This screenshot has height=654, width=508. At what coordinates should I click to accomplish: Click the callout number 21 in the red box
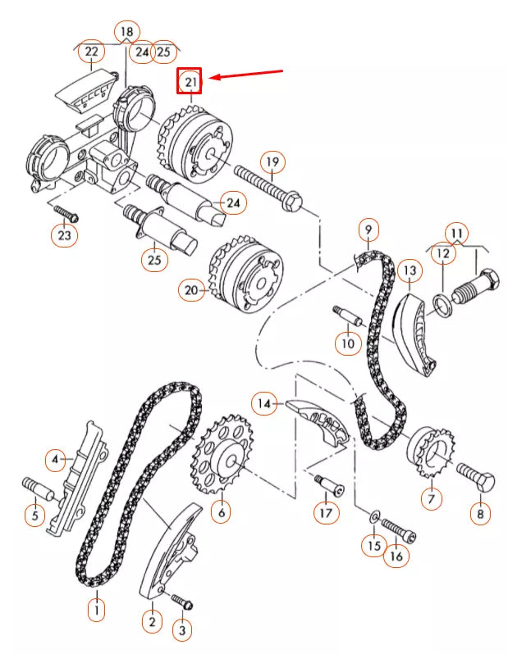pos(190,81)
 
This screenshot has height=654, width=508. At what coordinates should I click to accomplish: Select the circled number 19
pos(272,161)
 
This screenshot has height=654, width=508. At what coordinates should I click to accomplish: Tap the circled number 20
pos(191,289)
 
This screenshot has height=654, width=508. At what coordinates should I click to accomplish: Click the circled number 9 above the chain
pos(368,229)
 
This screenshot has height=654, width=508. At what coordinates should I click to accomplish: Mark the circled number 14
pos(264,403)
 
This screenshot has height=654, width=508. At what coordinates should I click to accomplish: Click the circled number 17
pos(326,514)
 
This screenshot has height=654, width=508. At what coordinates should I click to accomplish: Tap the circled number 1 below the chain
pos(97,609)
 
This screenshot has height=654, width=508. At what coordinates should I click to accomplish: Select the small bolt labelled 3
pos(183,605)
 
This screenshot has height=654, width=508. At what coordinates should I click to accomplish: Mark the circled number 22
pos(90,52)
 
